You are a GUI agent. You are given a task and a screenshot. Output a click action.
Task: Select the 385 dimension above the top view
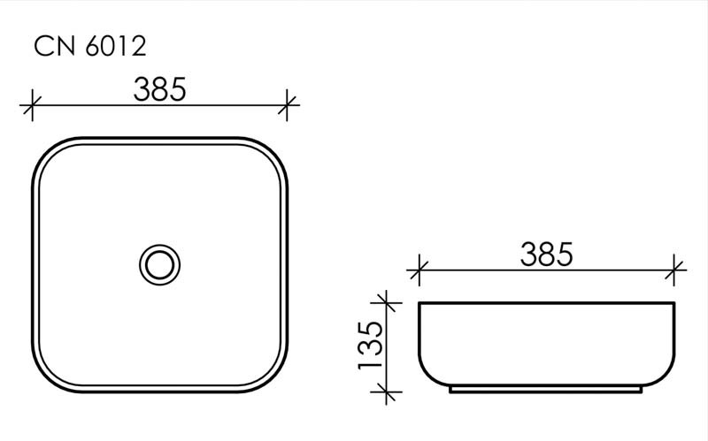coord(159,88)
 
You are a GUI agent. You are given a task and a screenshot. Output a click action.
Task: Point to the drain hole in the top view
coord(160,263)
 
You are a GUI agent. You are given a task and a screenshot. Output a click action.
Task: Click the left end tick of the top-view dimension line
coord(32,105)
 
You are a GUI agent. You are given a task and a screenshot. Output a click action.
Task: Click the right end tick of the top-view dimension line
coord(289,105)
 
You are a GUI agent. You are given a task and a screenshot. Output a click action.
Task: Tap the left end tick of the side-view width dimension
coord(419,270)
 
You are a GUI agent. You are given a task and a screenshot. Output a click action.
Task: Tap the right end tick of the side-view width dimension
coord(675,270)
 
